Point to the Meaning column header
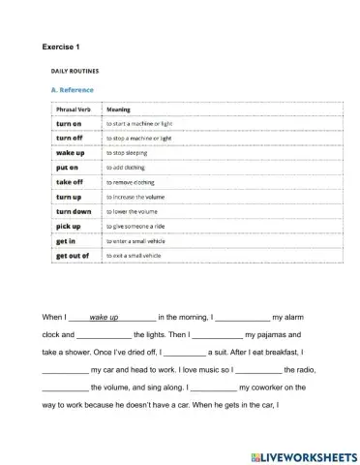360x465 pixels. tap(118, 109)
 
